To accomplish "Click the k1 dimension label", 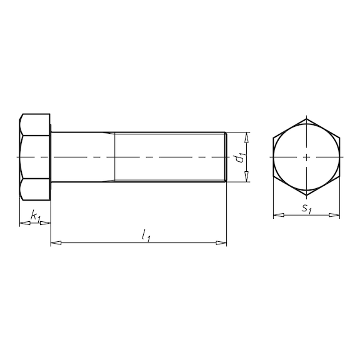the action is [x=36, y=216].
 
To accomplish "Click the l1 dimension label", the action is [x=146, y=236].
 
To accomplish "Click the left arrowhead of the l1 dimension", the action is [x=56, y=242].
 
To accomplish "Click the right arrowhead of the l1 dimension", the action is [x=221, y=242].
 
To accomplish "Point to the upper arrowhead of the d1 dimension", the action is [x=246, y=137].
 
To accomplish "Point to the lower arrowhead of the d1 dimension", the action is [x=246, y=176].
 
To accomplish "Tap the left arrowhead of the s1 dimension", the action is [x=279, y=215].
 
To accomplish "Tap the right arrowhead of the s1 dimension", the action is [x=334, y=215].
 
